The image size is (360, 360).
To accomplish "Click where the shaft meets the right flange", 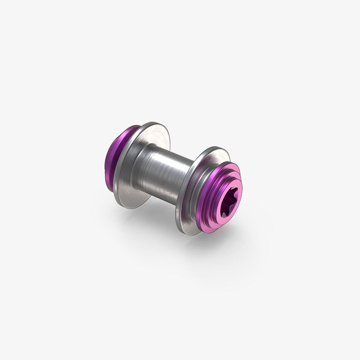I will pos(184,180).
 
